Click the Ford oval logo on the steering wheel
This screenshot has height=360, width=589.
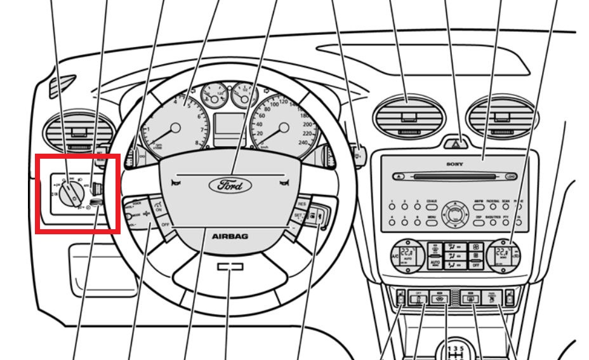click(230, 186)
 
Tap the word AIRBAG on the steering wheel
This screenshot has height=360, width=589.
click(230, 236)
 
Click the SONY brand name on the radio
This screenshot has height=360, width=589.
click(454, 164)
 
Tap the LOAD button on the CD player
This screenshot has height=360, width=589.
click(512, 177)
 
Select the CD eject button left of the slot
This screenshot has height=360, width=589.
click(398, 177)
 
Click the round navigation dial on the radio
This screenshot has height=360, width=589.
click(454, 212)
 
